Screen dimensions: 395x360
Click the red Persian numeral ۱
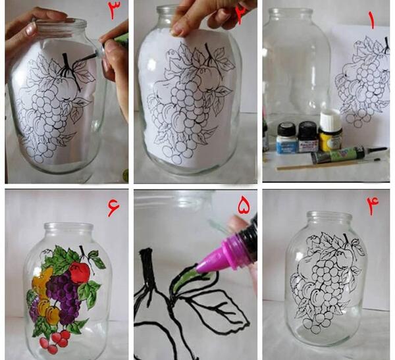371,20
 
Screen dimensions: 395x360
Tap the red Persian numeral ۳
114,10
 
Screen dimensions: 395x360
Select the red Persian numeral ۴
373,205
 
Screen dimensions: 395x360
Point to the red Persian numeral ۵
244,205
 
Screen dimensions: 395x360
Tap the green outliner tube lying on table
348,155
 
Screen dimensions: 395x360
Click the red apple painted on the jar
80,273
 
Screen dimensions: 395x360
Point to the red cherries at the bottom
55,342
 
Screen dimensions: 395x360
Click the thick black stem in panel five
148,267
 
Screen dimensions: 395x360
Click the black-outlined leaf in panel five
217,305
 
